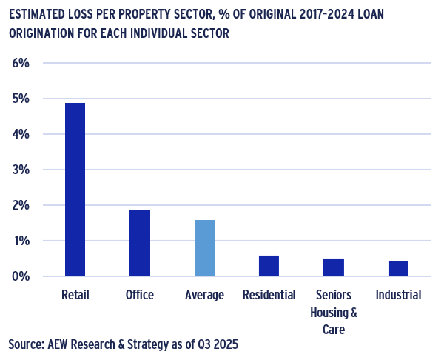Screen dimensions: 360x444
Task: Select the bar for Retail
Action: click(x=75, y=190)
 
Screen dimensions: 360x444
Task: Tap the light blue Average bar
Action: click(x=204, y=248)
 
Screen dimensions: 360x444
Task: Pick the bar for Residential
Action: click(x=269, y=266)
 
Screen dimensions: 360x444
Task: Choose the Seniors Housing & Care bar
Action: click(x=334, y=267)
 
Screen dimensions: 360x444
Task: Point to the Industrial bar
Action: click(x=398, y=269)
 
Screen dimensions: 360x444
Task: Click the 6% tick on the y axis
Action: click(x=21, y=63)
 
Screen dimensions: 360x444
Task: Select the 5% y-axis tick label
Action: click(x=21, y=99)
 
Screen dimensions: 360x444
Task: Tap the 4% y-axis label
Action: click(x=21, y=134)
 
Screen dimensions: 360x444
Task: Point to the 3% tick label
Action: click(x=21, y=170)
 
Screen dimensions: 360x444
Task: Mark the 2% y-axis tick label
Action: click(x=21, y=205)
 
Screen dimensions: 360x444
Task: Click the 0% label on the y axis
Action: click(x=21, y=276)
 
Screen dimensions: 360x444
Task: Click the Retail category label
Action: click(x=75, y=295)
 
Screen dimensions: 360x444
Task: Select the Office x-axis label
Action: click(x=140, y=295)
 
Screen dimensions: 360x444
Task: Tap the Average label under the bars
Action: click(x=204, y=295)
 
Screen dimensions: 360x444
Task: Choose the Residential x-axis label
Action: click(x=269, y=295)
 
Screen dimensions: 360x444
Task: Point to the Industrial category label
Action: click(x=398, y=295)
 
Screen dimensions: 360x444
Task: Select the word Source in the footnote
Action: click(x=26, y=344)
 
